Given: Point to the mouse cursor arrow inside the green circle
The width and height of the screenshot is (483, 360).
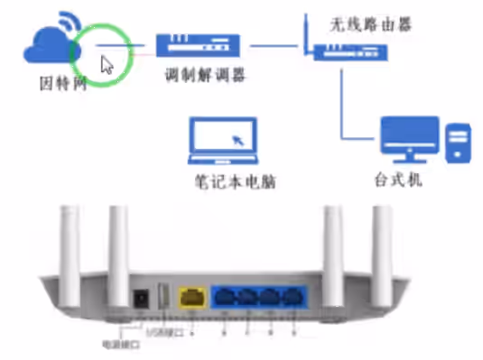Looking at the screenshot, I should point(107,64).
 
